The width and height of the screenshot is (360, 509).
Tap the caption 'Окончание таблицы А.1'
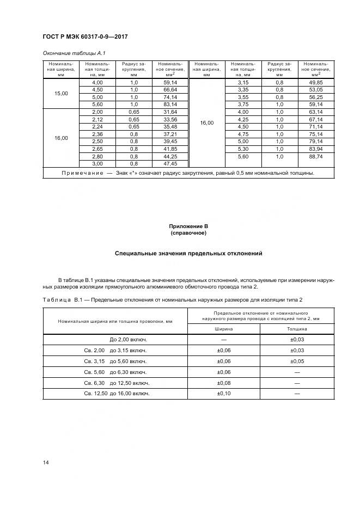pyautogui.click(x=70, y=53)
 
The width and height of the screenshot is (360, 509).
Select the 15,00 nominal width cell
pyautogui.click(x=61, y=94)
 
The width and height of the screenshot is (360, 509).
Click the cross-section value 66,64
pyautogui.click(x=170, y=89)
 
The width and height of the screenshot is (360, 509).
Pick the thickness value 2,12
pyautogui.click(x=97, y=120)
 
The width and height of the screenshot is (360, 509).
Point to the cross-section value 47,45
pyautogui.click(x=170, y=163)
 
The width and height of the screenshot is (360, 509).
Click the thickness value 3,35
pyautogui.click(x=243, y=89)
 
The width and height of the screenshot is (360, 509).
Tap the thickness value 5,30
pyautogui.click(x=243, y=149)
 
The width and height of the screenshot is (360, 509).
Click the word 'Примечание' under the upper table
pyautogui.click(x=84, y=173)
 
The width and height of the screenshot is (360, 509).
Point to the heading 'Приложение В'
pyautogui.click(x=189, y=226)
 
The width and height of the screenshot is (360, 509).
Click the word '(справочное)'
pyautogui.click(x=189, y=233)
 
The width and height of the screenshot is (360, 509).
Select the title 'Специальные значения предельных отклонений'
pyautogui.click(x=189, y=254)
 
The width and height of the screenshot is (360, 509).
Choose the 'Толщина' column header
pyautogui.click(x=297, y=329)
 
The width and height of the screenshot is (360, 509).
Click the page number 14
pyautogui.click(x=46, y=462)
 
